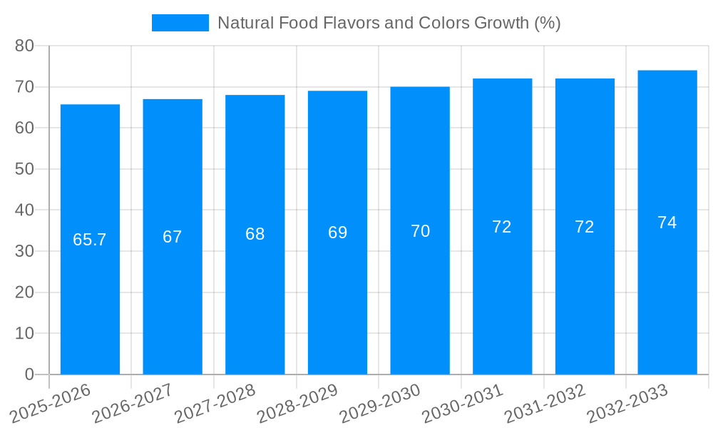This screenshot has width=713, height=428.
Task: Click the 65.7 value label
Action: (x=90, y=240)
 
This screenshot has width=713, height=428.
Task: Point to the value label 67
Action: (x=173, y=237)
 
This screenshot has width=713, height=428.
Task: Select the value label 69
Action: (x=338, y=233)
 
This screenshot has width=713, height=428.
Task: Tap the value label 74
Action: (x=667, y=223)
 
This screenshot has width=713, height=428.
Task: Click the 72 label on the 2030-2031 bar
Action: (x=502, y=227)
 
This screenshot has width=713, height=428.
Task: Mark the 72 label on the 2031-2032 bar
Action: (x=585, y=227)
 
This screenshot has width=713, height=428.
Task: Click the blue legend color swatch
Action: (x=180, y=23)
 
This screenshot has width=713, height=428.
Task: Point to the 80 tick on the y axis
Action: (x=24, y=46)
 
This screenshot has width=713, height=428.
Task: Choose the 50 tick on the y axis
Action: (x=24, y=169)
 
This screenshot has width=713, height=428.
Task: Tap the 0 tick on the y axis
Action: (x=29, y=374)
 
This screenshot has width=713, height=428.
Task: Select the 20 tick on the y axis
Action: (x=24, y=292)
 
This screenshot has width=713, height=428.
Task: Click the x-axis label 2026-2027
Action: (x=133, y=403)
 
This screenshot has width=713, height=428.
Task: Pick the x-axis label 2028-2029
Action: (x=297, y=403)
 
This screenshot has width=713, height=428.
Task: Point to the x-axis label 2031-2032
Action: (x=545, y=403)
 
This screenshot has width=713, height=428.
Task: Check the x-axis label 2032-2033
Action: (x=627, y=403)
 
